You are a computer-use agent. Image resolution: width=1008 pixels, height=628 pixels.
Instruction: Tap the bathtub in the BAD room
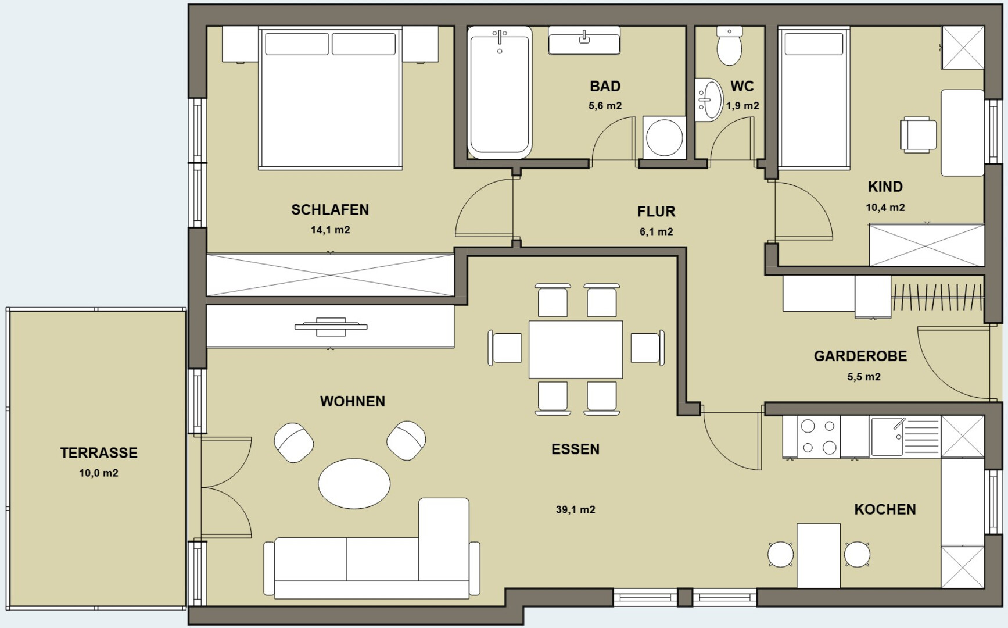(500, 92)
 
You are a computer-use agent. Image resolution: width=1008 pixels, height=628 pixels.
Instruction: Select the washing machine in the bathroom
(664, 138)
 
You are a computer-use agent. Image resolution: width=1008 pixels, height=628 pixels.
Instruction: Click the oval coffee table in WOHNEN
(354, 483)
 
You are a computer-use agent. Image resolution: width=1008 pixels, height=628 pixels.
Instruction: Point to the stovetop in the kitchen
(818, 437)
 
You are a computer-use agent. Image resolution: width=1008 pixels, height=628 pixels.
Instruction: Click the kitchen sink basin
(887, 436)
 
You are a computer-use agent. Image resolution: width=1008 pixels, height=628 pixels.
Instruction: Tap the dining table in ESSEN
(575, 349)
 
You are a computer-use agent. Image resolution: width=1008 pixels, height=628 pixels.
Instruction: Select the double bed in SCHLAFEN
(331, 98)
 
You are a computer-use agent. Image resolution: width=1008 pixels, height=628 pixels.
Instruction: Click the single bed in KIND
(813, 98)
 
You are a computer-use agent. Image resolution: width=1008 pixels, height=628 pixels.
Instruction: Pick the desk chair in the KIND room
(918, 135)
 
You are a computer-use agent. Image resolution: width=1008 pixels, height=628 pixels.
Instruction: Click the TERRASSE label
(99, 453)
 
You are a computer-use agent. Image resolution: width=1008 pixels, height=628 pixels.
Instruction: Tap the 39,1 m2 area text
(575, 510)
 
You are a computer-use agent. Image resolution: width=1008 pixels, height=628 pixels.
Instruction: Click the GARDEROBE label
(860, 356)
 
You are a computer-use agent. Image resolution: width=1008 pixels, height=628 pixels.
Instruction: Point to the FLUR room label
(656, 212)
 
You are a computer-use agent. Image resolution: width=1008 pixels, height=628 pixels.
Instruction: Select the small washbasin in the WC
(709, 99)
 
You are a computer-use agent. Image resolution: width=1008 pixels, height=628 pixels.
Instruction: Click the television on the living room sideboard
(331, 327)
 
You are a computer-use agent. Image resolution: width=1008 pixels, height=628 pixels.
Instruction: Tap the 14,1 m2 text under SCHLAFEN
(330, 230)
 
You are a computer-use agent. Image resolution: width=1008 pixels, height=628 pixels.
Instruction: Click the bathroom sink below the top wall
(584, 40)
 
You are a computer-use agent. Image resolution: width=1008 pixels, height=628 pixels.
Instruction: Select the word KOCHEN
(885, 509)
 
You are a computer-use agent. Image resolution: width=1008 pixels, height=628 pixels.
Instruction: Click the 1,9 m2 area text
(742, 106)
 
